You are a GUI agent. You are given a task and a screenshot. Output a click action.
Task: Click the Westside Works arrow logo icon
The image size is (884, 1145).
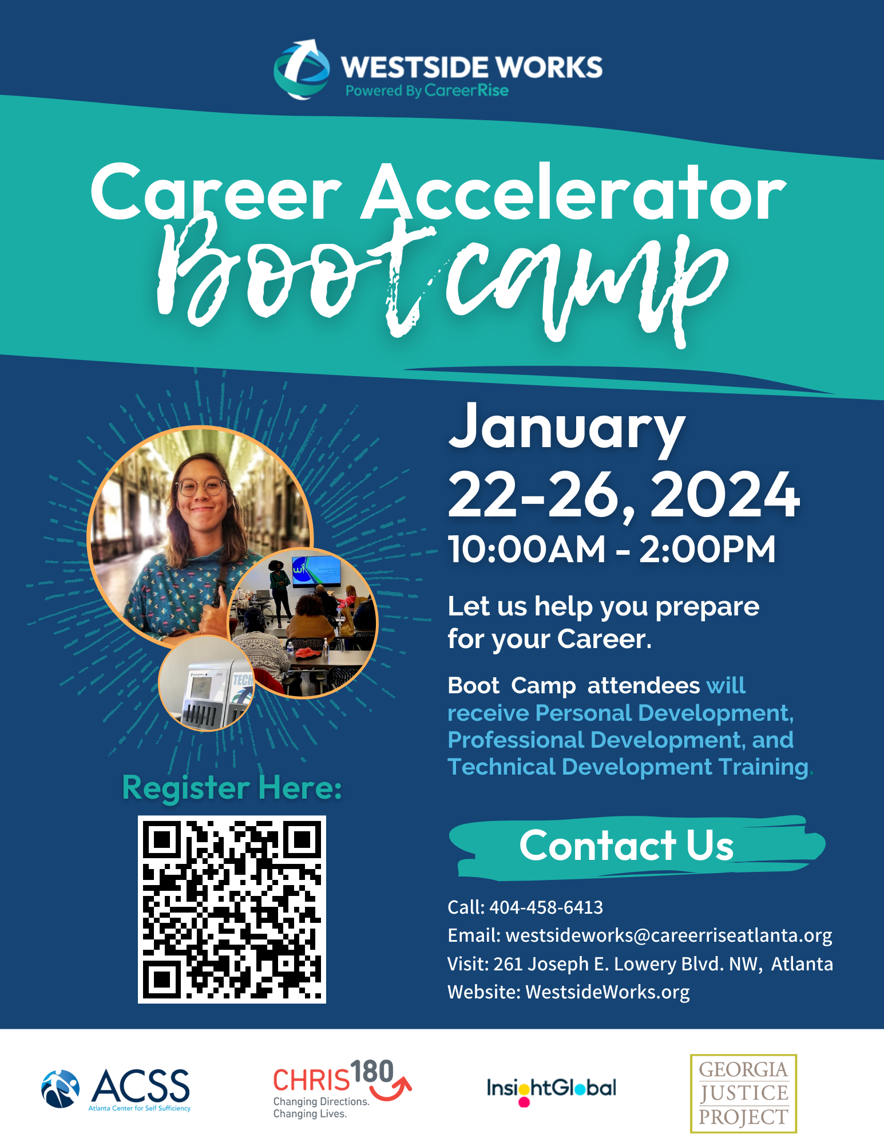(x=302, y=69)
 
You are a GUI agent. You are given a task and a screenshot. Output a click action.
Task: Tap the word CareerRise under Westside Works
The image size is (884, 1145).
(x=466, y=90)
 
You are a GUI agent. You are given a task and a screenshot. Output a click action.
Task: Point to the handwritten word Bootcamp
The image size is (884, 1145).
(x=442, y=281)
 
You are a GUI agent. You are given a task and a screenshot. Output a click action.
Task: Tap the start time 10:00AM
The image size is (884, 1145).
(x=526, y=549)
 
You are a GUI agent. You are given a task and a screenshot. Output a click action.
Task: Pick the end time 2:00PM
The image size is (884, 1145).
(x=707, y=549)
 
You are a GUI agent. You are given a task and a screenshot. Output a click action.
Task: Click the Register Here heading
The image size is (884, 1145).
(x=232, y=788)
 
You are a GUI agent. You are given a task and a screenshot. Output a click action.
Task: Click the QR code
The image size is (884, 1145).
(x=232, y=909)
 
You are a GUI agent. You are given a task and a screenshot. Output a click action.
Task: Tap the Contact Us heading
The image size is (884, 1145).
(x=627, y=845)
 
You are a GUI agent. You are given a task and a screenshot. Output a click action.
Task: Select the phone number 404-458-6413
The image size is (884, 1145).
(x=546, y=907)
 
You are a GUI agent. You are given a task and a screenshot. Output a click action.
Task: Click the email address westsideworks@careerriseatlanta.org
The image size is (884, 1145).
(x=669, y=935)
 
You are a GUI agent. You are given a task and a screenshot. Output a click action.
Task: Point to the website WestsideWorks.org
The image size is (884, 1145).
(x=608, y=992)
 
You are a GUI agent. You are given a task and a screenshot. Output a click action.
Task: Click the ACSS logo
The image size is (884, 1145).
(x=116, y=1089)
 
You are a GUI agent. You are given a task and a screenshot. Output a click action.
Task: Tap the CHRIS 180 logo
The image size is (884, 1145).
(x=342, y=1088)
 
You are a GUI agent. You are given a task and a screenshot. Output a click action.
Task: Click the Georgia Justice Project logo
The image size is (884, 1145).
(x=743, y=1093)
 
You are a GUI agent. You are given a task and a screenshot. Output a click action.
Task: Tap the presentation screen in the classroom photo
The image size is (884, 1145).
(x=316, y=571)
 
